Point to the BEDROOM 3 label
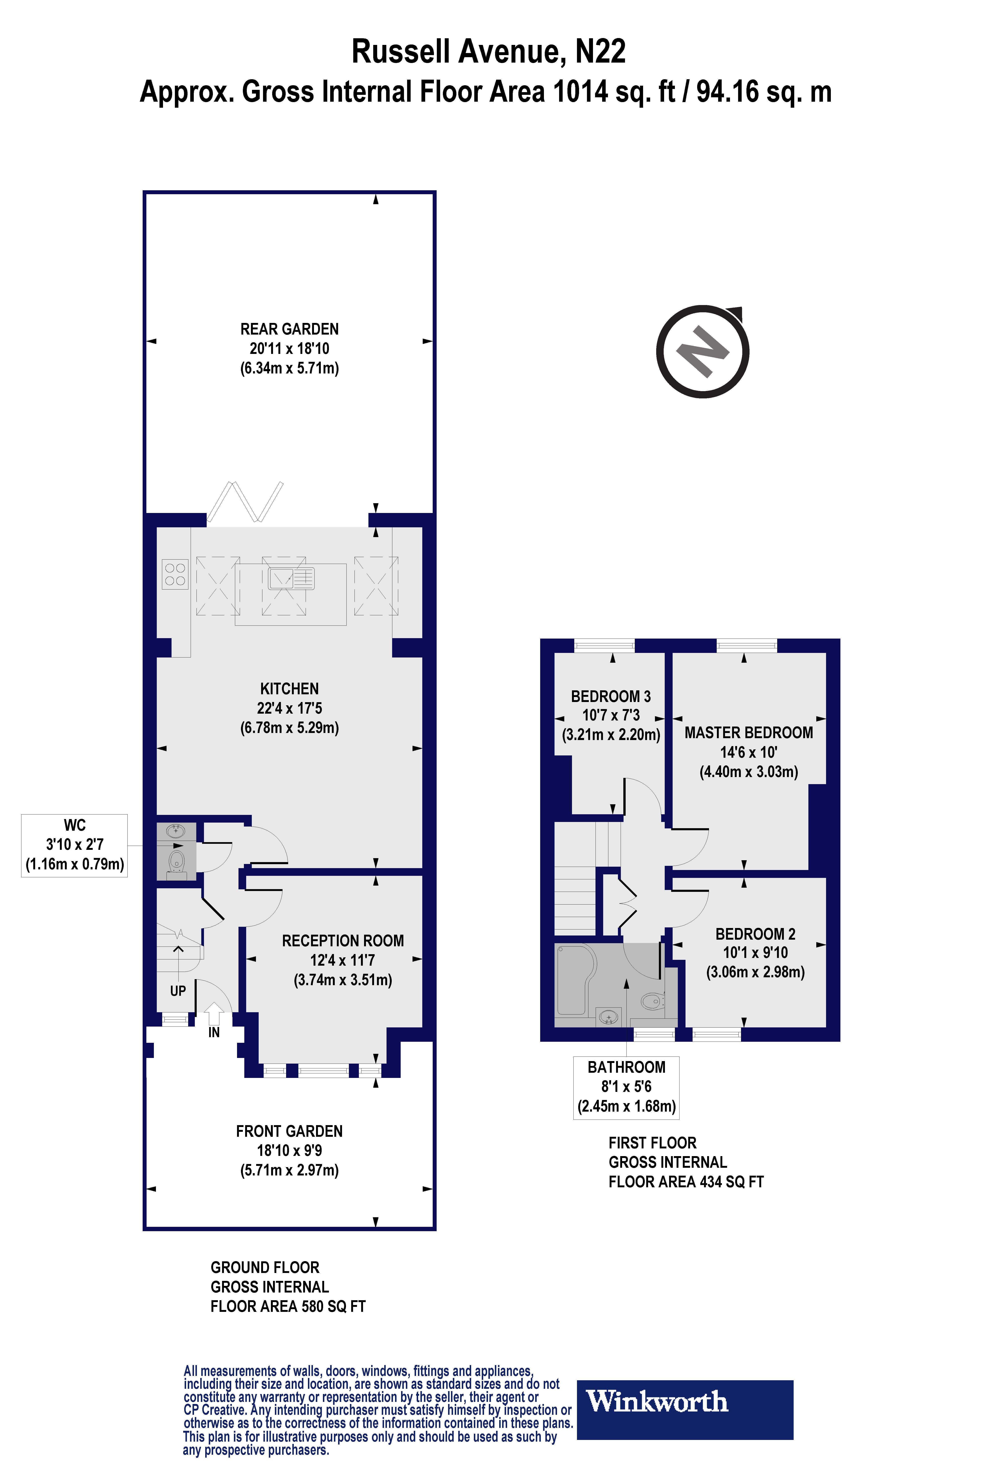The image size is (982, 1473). (x=611, y=696)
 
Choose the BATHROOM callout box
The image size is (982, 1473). (x=626, y=1087)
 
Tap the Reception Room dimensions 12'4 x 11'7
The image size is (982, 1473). (x=343, y=960)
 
